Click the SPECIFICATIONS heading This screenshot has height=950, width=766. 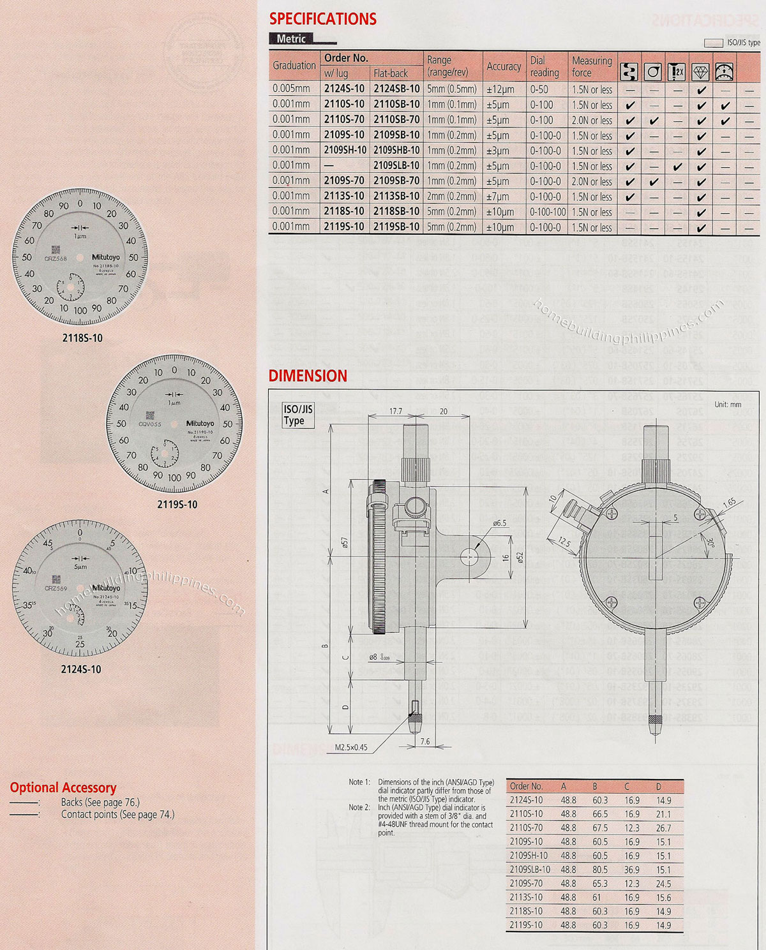pyautogui.click(x=323, y=19)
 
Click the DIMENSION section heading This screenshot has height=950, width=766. pyautogui.click(x=308, y=376)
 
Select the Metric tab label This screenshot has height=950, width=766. pyautogui.click(x=291, y=39)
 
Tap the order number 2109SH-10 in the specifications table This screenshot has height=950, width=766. pyautogui.click(x=345, y=151)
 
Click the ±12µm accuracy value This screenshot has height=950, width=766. pyautogui.click(x=500, y=90)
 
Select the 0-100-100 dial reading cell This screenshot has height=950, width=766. pyautogui.click(x=548, y=212)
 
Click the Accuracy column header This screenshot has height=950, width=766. pyautogui.click(x=504, y=66)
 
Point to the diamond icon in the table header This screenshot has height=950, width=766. pyautogui.click(x=701, y=71)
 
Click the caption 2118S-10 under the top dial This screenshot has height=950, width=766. pyautogui.click(x=82, y=338)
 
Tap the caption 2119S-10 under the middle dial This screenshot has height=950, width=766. pyautogui.click(x=177, y=505)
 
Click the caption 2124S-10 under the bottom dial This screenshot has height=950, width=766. pyautogui.click(x=81, y=669)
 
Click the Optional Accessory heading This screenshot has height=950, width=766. pyautogui.click(x=63, y=787)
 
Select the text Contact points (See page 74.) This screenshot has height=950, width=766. pyautogui.click(x=117, y=815)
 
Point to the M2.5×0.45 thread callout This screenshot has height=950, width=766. pyautogui.click(x=351, y=747)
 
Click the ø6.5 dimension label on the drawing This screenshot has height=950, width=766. pyautogui.click(x=499, y=523)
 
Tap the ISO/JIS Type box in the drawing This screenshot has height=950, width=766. pyautogui.click(x=298, y=415)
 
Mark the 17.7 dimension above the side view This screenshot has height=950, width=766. pyautogui.click(x=396, y=412)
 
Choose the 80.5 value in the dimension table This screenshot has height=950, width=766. pyautogui.click(x=599, y=870)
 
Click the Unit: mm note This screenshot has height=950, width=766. pyautogui.click(x=728, y=404)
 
